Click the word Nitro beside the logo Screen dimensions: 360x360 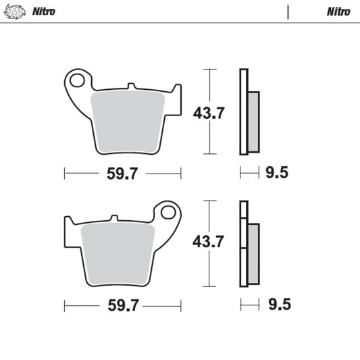click(x=43, y=11)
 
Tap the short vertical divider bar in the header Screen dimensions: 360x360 click(x=288, y=11)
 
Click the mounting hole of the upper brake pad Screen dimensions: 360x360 click(x=78, y=80)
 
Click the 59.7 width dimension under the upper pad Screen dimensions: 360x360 click(x=122, y=174)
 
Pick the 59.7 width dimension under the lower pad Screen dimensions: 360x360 click(x=122, y=306)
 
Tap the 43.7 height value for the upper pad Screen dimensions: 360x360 click(x=209, y=113)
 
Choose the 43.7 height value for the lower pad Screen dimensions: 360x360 click(x=209, y=241)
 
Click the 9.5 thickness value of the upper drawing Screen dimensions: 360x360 click(x=277, y=174)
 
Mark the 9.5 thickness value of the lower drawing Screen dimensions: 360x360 click(x=277, y=305)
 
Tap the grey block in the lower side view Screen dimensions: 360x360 click(x=253, y=253)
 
